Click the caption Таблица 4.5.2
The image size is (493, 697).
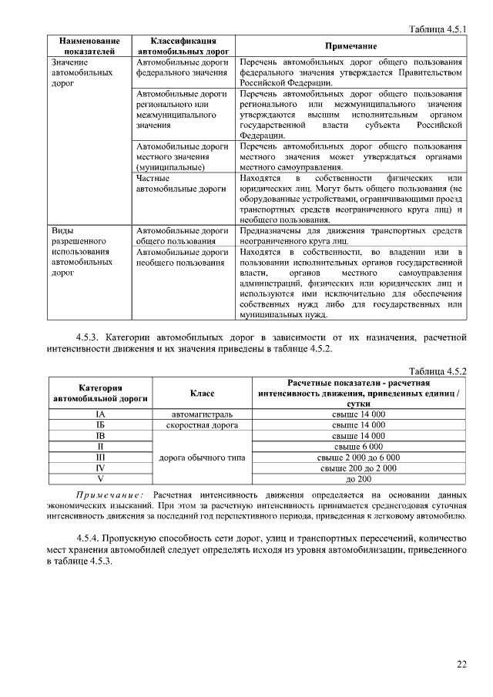click(437, 371)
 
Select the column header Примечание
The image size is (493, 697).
click(350, 46)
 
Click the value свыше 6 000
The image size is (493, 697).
click(358, 446)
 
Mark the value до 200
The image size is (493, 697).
click(358, 478)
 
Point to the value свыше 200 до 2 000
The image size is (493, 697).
click(358, 467)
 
